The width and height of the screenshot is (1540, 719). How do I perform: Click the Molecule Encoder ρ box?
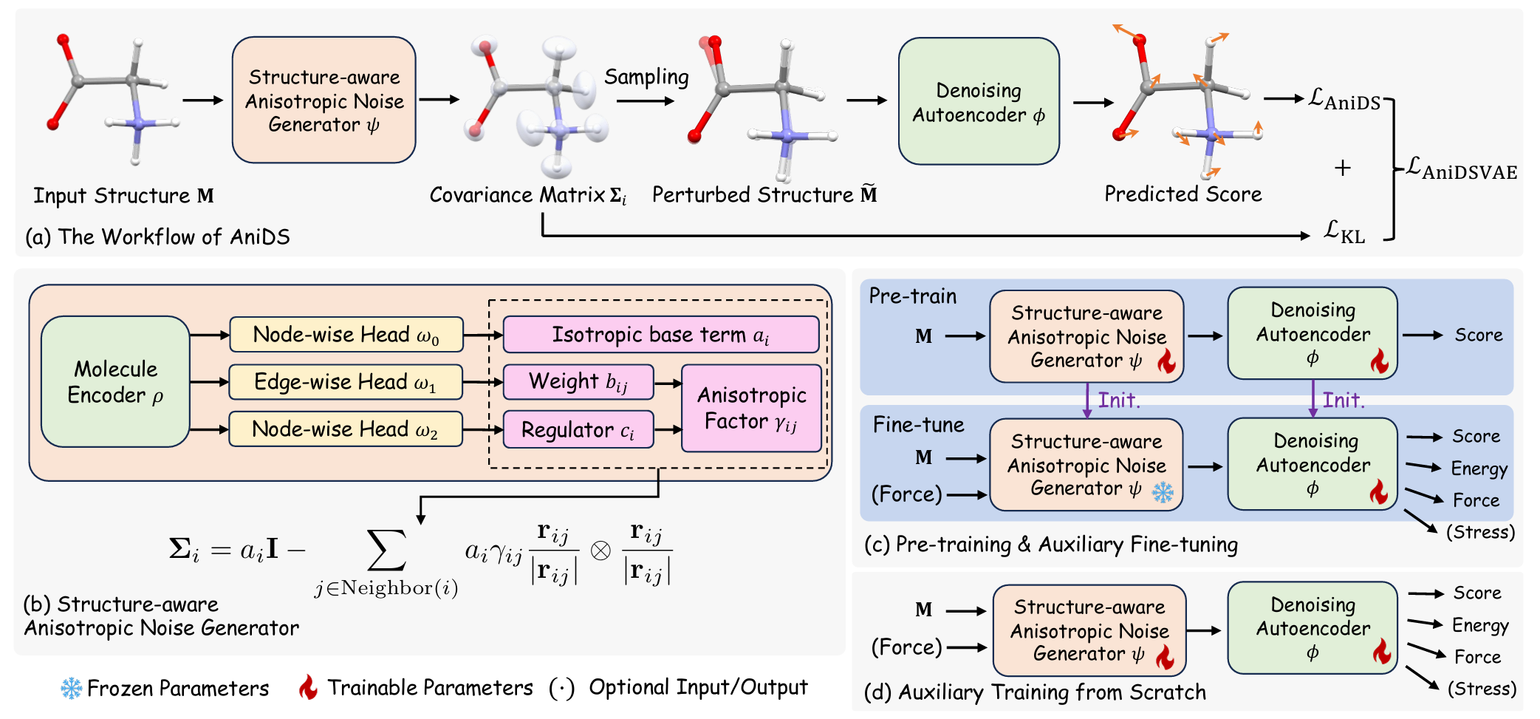coord(115,381)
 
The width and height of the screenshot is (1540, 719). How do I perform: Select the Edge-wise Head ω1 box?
coord(346,382)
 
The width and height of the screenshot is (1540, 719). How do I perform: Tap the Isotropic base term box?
coord(661,335)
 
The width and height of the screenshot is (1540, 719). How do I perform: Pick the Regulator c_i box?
coord(578,429)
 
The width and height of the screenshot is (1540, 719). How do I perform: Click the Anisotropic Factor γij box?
coord(751,408)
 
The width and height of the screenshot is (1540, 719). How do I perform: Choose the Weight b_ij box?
coord(578,382)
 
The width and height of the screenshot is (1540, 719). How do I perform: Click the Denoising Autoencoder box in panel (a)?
coord(979,101)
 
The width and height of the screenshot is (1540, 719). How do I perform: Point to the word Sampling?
coord(646,77)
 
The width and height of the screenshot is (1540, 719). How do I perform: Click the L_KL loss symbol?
coord(1344,232)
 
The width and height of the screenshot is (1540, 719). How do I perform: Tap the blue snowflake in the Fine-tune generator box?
coord(1163,492)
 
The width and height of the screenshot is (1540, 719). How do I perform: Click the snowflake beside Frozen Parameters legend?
coord(72,689)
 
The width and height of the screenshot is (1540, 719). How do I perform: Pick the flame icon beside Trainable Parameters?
coord(308,687)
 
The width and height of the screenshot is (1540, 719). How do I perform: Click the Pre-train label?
coord(912,296)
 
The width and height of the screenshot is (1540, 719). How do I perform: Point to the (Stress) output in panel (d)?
coord(1482,689)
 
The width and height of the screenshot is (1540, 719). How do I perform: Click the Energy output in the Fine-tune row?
coord(1479,468)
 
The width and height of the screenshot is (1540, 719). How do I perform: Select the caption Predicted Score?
coord(1183,194)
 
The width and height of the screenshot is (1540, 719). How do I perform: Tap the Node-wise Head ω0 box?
coord(346,335)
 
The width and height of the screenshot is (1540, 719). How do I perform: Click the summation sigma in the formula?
coord(387,551)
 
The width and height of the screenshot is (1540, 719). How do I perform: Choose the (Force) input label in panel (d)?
coord(906,647)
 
